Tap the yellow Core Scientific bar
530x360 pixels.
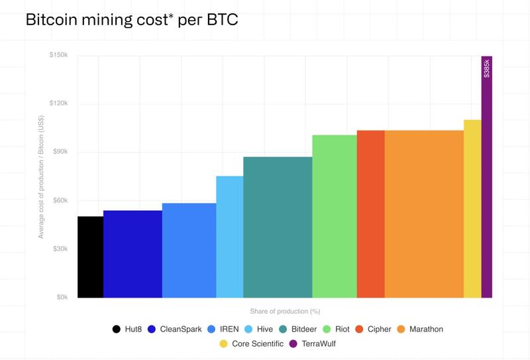tap(472, 209)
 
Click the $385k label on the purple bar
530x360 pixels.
tap(487, 68)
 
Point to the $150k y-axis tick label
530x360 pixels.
tap(58, 55)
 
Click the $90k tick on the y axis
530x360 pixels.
tap(60, 152)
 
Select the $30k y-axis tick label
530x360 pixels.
tap(60, 249)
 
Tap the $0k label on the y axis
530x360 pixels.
tap(61, 297)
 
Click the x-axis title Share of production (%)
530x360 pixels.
tap(285, 311)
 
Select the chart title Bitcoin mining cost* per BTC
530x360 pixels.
tap(131, 20)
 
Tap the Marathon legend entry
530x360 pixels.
tap(420, 329)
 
